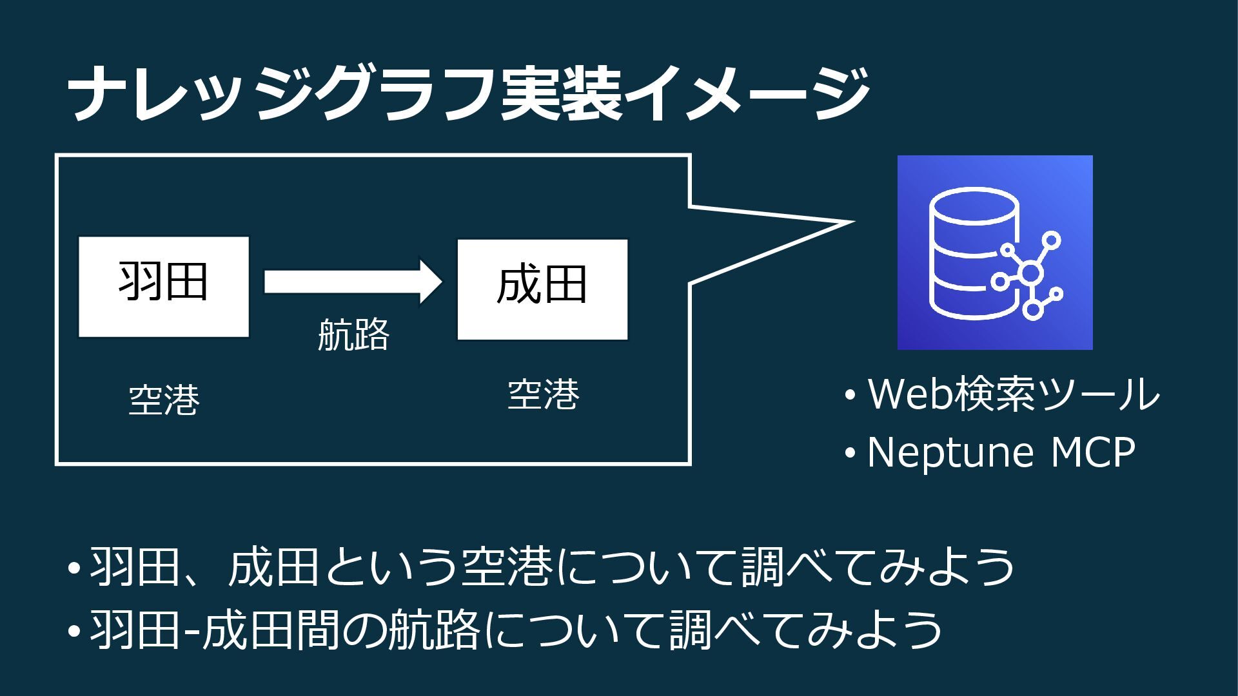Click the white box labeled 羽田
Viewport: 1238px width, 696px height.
pos(163,286)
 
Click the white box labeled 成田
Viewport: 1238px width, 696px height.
pos(542,289)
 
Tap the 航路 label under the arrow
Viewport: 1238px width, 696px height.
pos(353,334)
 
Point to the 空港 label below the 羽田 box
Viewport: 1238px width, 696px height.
pos(164,400)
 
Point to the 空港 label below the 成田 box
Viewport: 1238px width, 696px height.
pos(544,394)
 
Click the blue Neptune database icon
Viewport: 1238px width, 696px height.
pos(995,253)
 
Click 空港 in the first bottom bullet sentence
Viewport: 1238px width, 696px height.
pos(507,567)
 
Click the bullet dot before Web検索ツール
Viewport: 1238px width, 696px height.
pos(850,395)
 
